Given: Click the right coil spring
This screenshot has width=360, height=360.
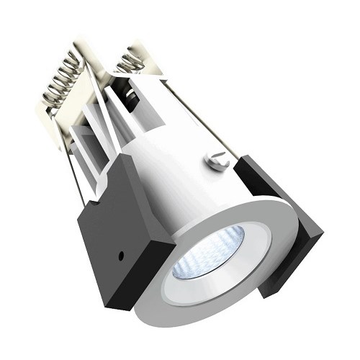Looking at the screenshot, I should (132, 61).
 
